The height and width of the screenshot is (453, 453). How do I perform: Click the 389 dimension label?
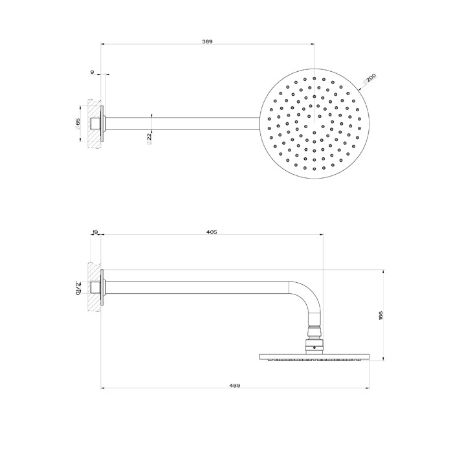point(207,41)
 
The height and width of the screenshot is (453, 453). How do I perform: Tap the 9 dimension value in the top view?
point(93,72)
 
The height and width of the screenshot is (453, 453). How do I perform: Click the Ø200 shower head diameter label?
point(370,80)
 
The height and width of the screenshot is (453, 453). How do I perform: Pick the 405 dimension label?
point(212,231)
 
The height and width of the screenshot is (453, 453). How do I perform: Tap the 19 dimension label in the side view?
point(95,231)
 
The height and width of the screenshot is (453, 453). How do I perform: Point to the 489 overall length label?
point(235,385)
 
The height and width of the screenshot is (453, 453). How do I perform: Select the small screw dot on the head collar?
point(313,348)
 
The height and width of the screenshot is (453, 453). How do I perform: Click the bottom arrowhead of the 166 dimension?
point(386,358)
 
